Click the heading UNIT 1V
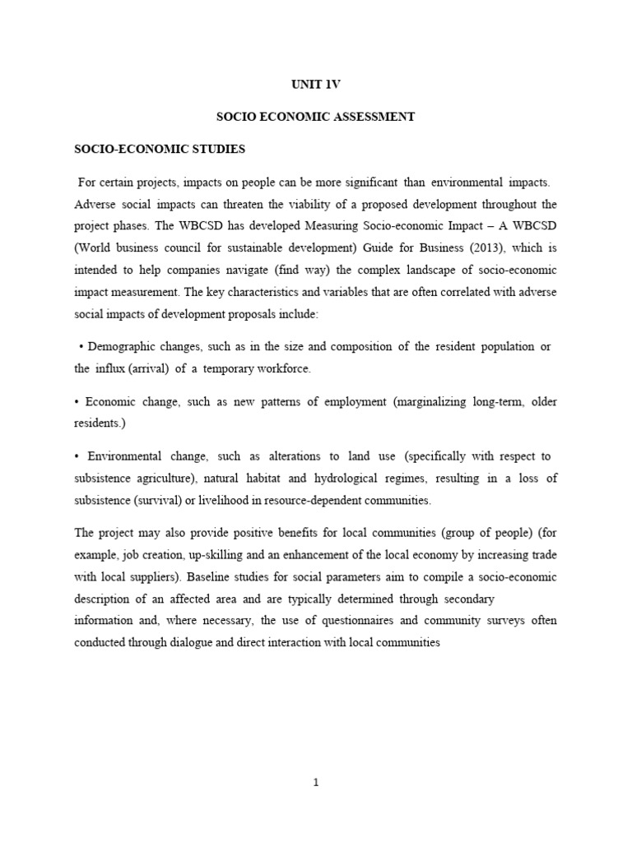tap(315, 84)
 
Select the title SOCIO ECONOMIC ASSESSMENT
tap(315, 118)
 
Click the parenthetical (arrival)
tap(148, 368)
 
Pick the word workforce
tap(282, 368)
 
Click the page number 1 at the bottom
tap(316, 783)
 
